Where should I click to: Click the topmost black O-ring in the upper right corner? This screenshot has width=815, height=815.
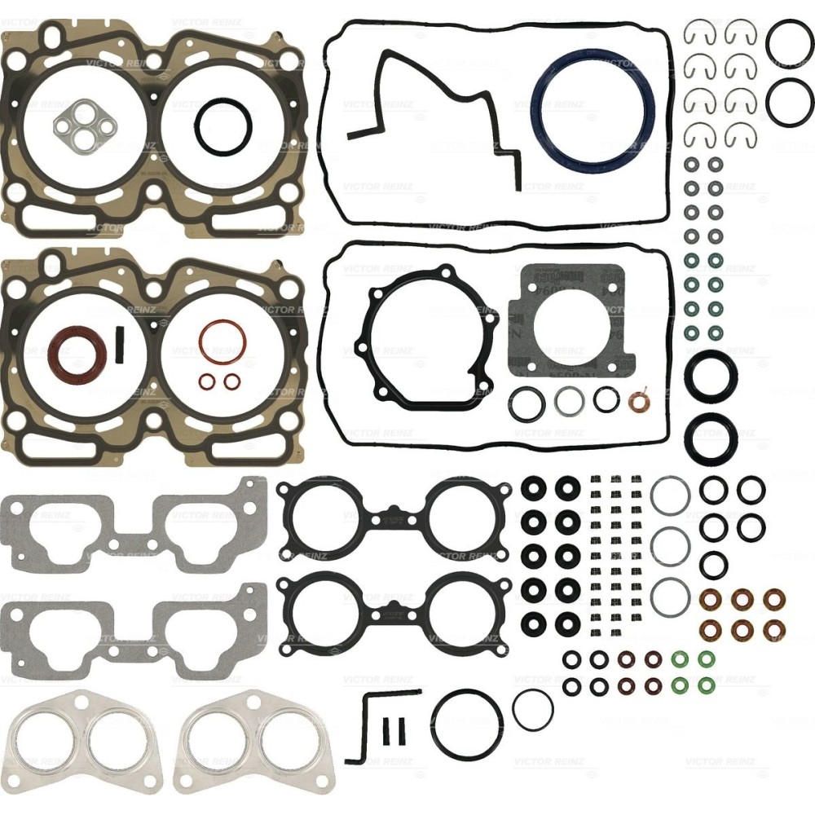click(789, 45)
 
